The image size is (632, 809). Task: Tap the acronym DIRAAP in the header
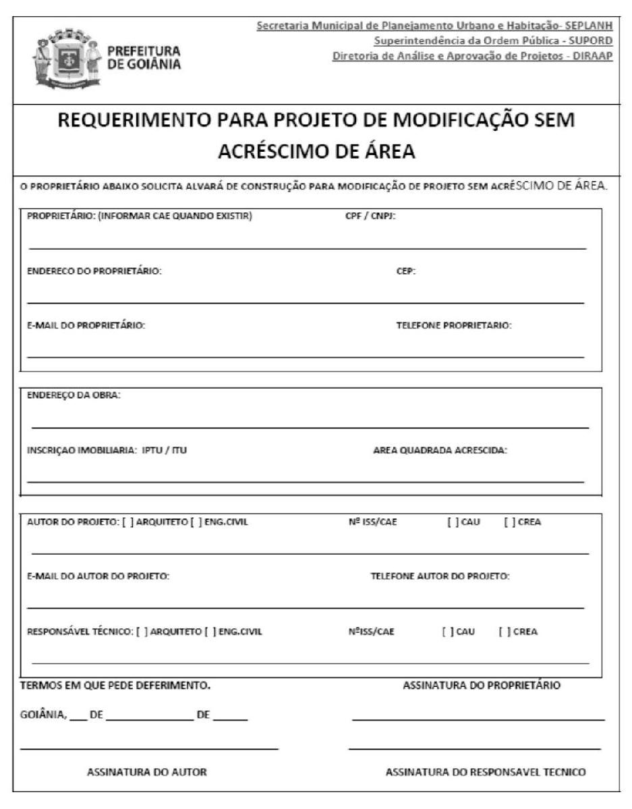pyautogui.click(x=593, y=55)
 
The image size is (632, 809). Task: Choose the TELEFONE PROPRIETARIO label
pyautogui.click(x=453, y=325)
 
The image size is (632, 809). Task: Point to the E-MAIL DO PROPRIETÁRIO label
pyautogui.click(x=86, y=325)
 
